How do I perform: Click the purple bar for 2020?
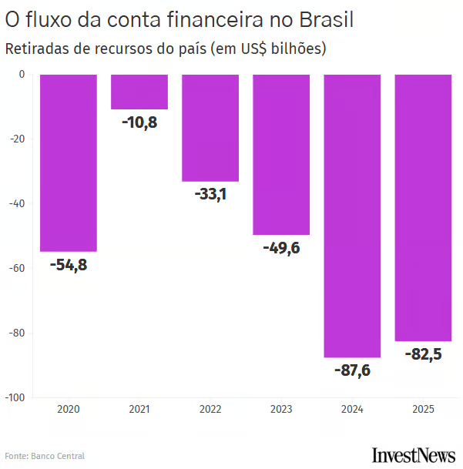pos(69,162)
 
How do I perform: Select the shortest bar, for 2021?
pos(139,92)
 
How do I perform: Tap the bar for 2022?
pos(210,128)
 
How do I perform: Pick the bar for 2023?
pos(281,154)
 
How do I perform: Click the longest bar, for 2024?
pos(352,216)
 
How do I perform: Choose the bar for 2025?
pos(423,207)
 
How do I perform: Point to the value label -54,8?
pos(69,265)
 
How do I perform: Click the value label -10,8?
pos(139,122)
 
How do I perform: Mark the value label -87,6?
pos(352,370)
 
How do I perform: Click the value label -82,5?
pos(423,354)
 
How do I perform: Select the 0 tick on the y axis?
pos(22,74)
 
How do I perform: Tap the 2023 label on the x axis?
pos(281,409)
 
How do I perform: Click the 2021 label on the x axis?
pos(139,409)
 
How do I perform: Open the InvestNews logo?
pos(413,454)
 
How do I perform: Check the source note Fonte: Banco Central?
pos(45,456)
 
